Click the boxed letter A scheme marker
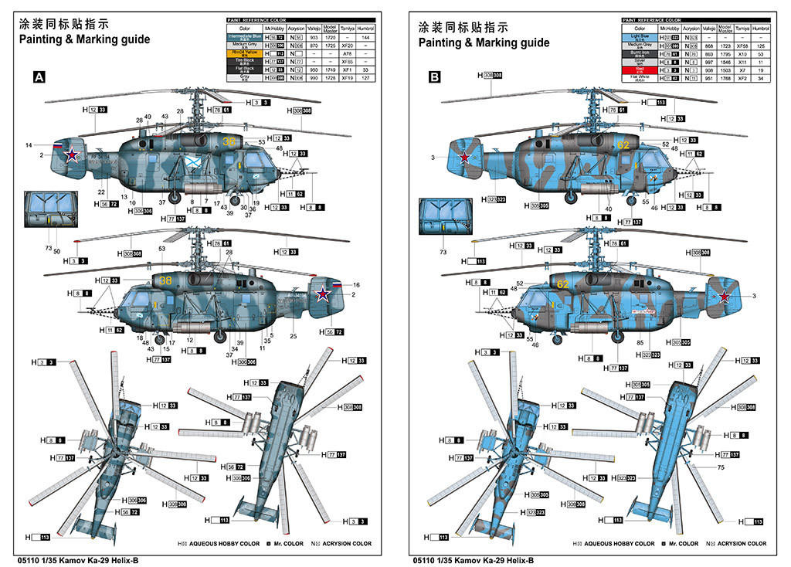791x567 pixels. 38,76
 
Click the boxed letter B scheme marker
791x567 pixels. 434,76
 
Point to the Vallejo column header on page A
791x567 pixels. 314,28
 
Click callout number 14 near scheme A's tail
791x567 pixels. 29,145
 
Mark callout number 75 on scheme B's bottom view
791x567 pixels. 721,468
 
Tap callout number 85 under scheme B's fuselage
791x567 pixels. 641,342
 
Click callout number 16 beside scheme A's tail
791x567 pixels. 356,285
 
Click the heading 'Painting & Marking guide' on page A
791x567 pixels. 83,41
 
